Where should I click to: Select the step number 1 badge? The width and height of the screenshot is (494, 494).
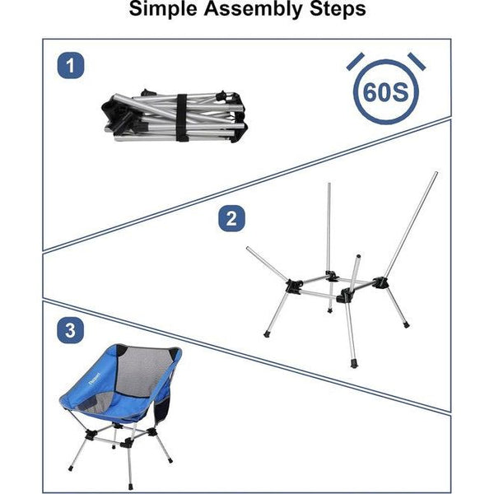71,65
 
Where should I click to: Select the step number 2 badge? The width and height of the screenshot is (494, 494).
231,219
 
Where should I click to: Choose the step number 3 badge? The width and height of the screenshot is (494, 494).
71,331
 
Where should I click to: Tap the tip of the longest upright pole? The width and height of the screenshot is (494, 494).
436,174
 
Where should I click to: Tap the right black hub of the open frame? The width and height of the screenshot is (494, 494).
381,282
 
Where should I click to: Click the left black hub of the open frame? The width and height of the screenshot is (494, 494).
293,286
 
